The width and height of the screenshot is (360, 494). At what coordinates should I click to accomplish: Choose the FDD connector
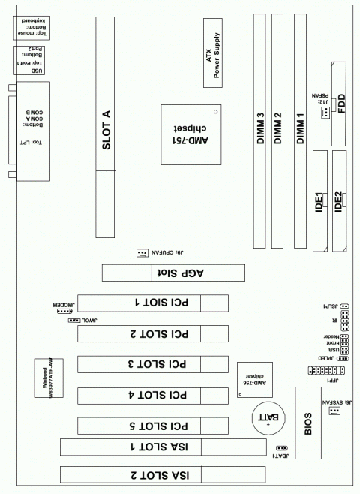click(x=340, y=106)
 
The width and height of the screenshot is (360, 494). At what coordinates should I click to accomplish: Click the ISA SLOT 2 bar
click(x=143, y=474)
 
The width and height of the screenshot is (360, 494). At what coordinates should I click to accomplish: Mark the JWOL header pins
click(x=74, y=321)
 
